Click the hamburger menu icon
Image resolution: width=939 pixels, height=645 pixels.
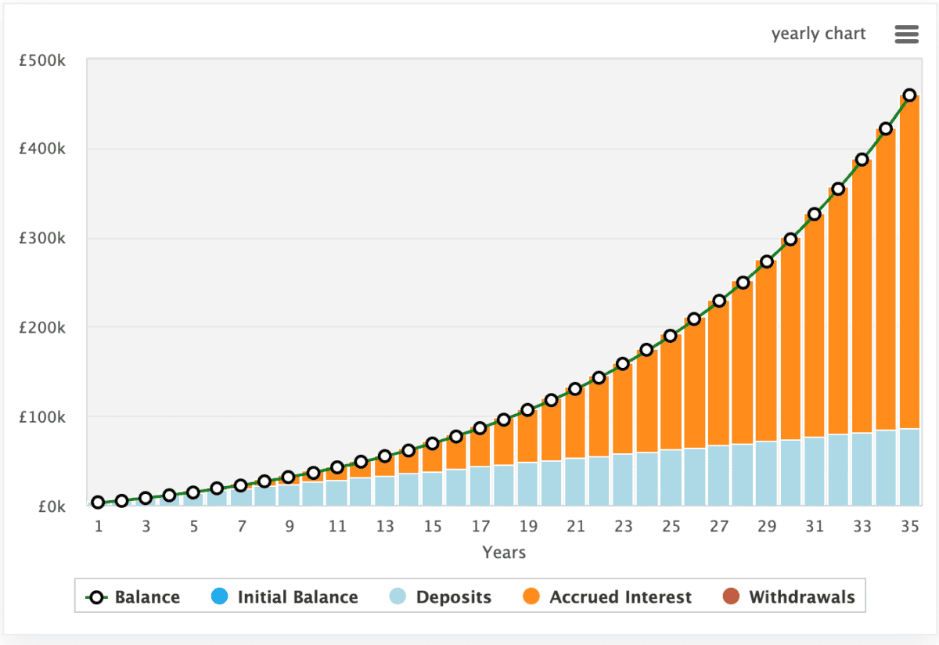(x=906, y=34)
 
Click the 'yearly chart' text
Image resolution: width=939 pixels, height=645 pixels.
(x=818, y=34)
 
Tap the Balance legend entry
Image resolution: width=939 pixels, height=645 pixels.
(x=132, y=597)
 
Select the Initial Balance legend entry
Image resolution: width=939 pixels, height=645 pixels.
(x=285, y=597)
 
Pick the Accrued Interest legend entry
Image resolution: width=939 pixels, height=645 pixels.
(x=607, y=597)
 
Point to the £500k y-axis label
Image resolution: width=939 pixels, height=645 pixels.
(x=44, y=60)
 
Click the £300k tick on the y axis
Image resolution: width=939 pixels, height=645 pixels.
(x=44, y=238)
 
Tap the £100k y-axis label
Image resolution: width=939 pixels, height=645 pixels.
(x=44, y=416)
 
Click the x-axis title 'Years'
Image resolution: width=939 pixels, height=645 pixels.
(x=504, y=553)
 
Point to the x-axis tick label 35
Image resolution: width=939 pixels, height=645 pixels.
(x=909, y=527)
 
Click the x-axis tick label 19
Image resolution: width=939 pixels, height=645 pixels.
(x=527, y=527)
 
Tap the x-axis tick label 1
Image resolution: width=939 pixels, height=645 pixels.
(x=99, y=527)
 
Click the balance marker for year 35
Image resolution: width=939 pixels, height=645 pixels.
(x=909, y=95)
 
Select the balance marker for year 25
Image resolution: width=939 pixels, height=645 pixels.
(x=671, y=336)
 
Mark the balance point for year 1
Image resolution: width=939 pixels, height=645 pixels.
(x=98, y=503)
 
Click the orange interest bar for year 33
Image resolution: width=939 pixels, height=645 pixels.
(x=862, y=297)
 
